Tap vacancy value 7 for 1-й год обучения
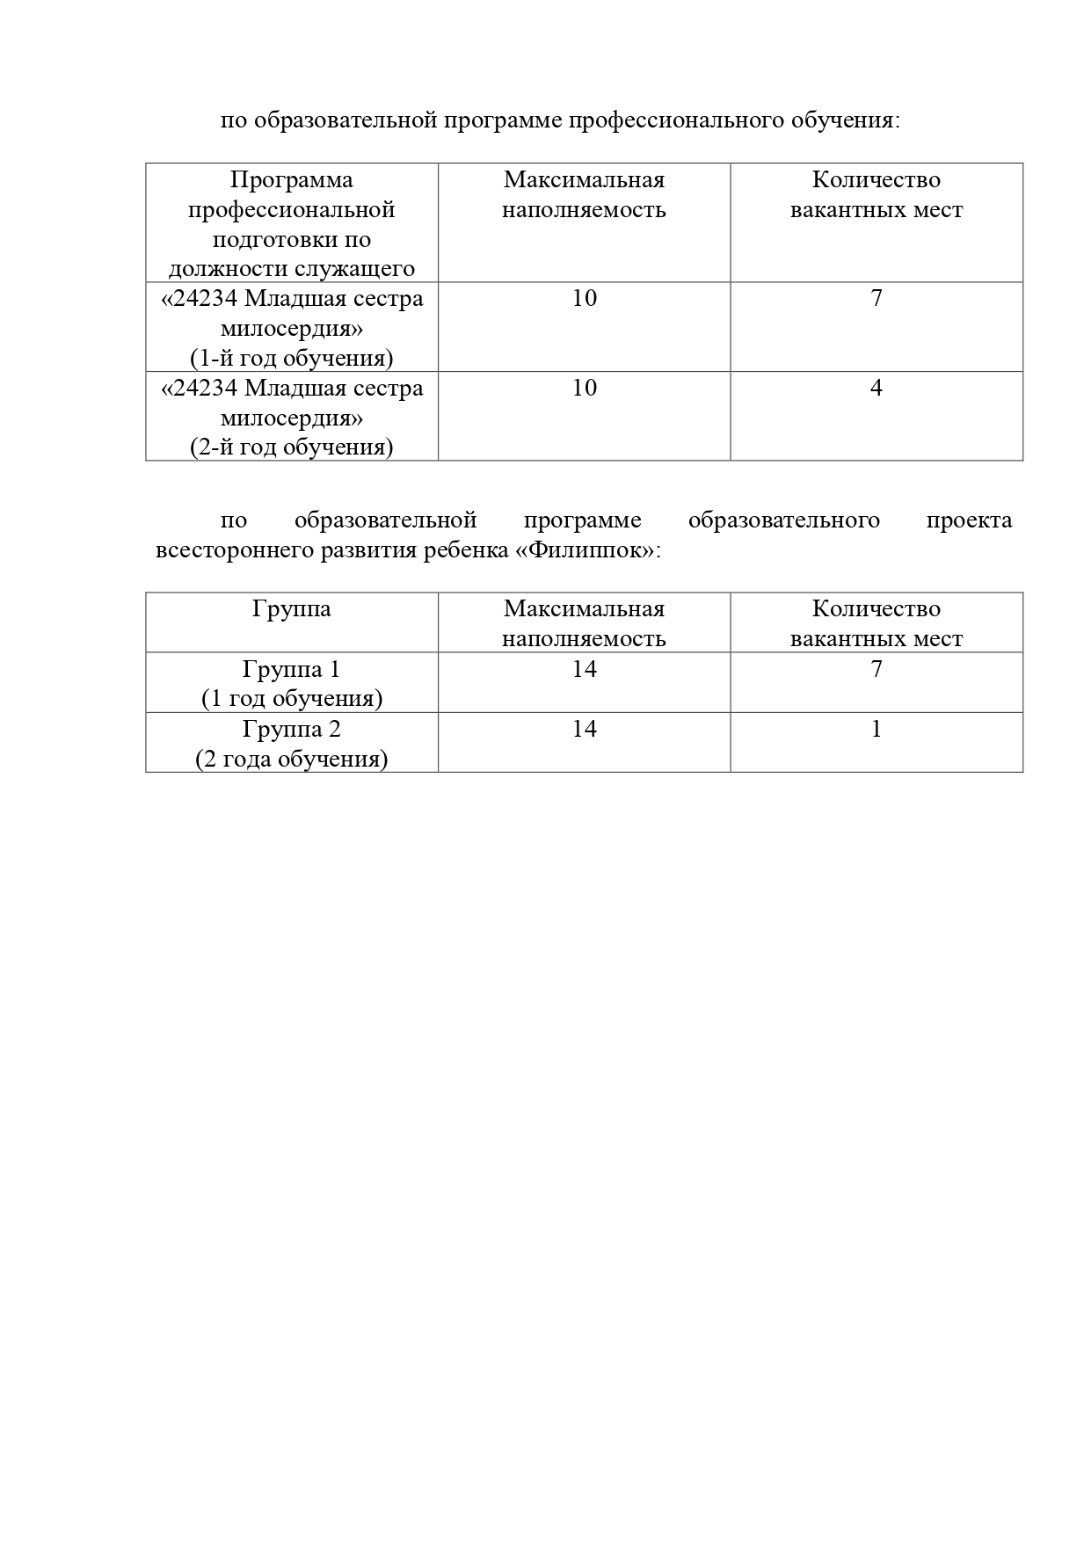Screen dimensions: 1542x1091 tap(876, 299)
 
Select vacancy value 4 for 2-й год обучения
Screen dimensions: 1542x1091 tap(876, 389)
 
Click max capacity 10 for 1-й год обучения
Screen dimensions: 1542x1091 tap(584, 299)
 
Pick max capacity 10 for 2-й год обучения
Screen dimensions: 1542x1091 tap(584, 389)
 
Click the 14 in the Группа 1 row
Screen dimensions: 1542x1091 tap(584, 670)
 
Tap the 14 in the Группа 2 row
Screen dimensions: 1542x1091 tap(584, 730)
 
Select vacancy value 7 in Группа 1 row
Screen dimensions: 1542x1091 tap(876, 670)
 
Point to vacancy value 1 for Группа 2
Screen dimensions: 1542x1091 tap(876, 730)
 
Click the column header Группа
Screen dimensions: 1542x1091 tap(291, 609)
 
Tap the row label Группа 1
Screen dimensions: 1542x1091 tap(291, 670)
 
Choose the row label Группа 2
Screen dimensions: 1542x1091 tap(291, 730)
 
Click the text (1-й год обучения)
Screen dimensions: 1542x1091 tap(291, 359)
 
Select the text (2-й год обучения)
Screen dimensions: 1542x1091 tap(291, 447)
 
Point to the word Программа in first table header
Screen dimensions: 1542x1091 tap(291, 180)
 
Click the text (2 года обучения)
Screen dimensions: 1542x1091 tap(291, 760)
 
